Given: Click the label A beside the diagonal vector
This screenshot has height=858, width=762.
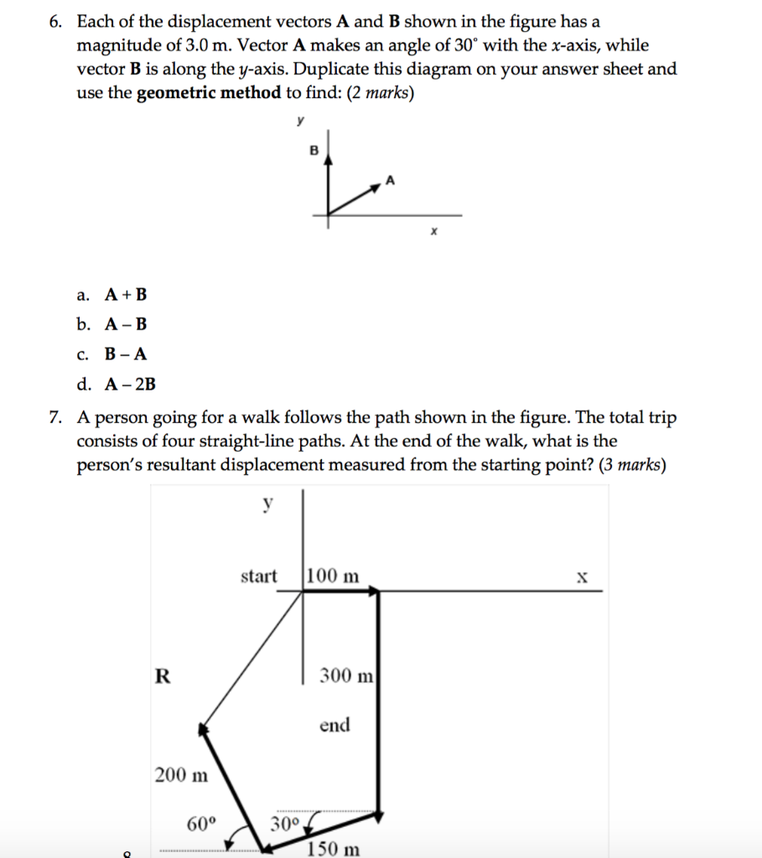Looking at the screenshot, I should (x=389, y=180).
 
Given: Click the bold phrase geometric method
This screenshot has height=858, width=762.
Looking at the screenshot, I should (x=209, y=93).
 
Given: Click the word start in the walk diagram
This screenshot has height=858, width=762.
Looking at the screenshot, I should (x=258, y=576).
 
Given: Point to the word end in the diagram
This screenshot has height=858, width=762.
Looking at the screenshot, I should (x=334, y=725).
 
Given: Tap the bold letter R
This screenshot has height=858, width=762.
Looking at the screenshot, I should (x=162, y=676).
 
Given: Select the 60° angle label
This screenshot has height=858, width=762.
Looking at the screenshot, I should (x=201, y=823).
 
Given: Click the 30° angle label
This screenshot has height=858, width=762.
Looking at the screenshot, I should (x=285, y=824).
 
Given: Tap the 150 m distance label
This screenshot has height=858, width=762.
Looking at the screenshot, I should (x=334, y=850).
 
